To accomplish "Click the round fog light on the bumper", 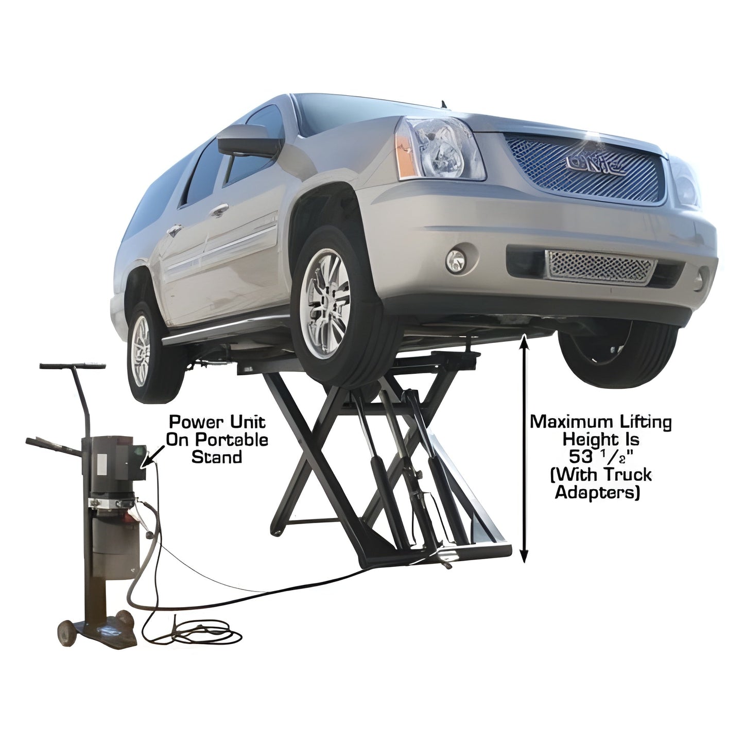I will coord(455,259).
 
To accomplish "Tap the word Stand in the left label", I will coord(216,457).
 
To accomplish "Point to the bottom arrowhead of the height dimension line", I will coord(524,558).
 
